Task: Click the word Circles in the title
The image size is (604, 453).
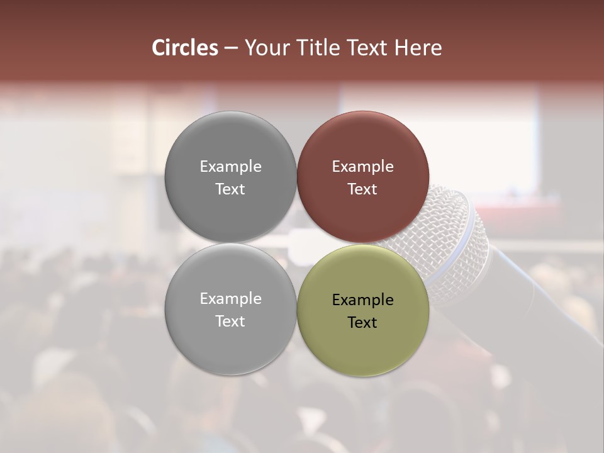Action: (x=184, y=48)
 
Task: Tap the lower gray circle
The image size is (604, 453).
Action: (x=230, y=346)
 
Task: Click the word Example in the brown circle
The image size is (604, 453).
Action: (x=362, y=167)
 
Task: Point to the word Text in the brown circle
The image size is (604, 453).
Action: (x=362, y=189)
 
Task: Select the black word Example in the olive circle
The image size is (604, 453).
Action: (x=362, y=300)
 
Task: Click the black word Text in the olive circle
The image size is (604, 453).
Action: (x=362, y=323)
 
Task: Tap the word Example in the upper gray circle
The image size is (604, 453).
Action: (x=230, y=167)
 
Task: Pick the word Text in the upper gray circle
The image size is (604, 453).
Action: (x=230, y=189)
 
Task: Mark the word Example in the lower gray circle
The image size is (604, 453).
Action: (x=230, y=299)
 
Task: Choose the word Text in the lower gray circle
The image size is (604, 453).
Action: (x=230, y=322)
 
